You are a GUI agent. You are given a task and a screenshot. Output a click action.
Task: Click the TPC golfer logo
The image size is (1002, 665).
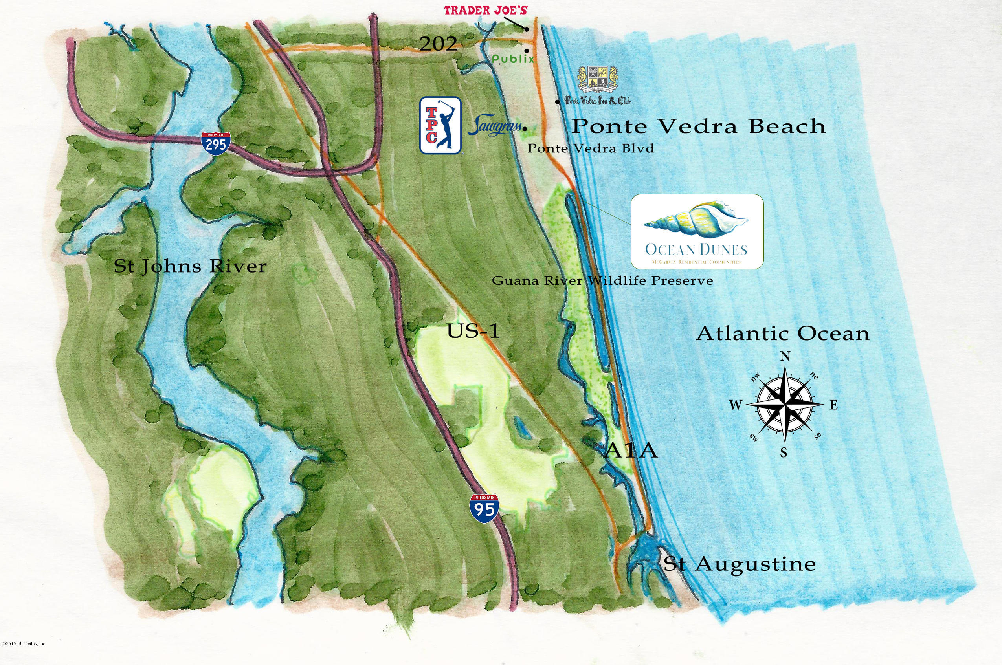(440, 125)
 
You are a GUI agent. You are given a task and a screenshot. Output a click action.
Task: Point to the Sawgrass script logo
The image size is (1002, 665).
(494, 126)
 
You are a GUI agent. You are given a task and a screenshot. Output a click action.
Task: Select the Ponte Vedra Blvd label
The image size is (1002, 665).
(591, 148)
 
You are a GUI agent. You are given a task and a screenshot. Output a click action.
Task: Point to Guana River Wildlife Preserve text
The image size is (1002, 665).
(602, 281)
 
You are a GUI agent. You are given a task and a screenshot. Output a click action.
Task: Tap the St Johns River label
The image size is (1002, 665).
(190, 267)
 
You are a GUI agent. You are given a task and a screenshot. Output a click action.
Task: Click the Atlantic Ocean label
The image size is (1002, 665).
(782, 334)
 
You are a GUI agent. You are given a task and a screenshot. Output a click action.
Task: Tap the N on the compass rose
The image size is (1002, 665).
(785, 357)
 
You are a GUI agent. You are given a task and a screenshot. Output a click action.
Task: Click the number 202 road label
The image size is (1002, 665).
(439, 44)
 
